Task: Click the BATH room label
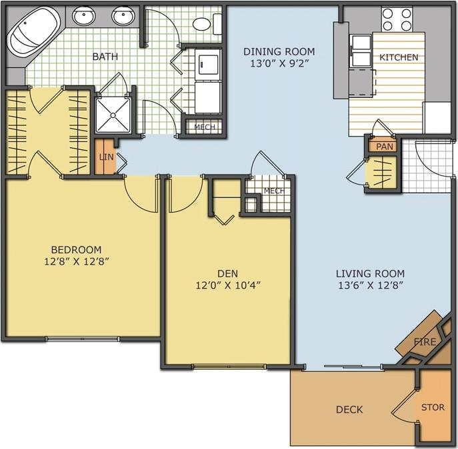click(105, 57)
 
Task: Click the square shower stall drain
click(115, 113)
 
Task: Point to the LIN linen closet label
click(105, 157)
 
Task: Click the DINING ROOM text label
click(279, 51)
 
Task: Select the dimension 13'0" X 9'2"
click(279, 64)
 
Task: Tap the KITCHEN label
click(399, 57)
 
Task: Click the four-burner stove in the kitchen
click(397, 19)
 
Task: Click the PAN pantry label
click(383, 146)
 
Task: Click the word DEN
click(227, 273)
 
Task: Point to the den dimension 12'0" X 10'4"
click(227, 285)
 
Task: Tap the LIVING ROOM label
click(370, 273)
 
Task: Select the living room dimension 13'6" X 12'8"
click(370, 285)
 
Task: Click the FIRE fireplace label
click(425, 342)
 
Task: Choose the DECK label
click(349, 410)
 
